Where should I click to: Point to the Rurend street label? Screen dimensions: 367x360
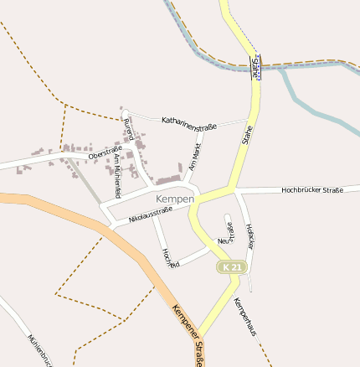coord(128,130)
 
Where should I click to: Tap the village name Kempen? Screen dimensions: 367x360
coord(175,199)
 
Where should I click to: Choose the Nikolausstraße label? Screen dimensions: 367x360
coord(150,215)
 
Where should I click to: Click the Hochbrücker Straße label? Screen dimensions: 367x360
coord(312,190)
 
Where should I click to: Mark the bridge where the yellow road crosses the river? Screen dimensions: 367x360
coord(256,63)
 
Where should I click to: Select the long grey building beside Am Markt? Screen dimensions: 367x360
coord(167,179)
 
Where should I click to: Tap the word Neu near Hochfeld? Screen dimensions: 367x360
coord(223,241)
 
